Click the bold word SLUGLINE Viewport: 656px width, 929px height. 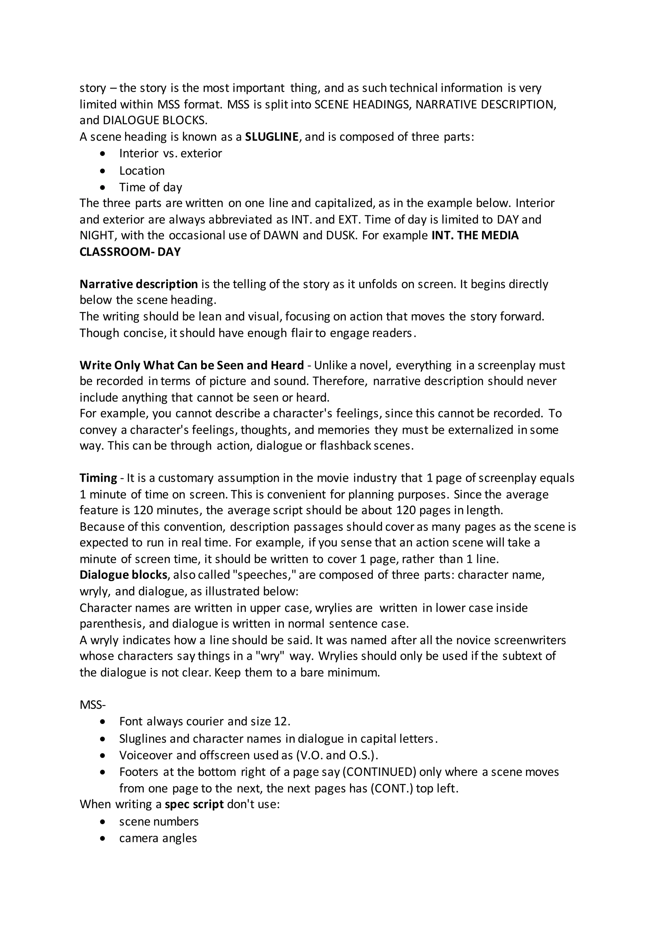(272, 137)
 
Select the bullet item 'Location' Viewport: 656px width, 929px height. (142, 171)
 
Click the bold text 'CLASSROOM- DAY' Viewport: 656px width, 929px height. (130, 252)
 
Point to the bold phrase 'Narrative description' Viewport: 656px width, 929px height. (138, 284)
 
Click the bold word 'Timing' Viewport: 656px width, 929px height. (98, 478)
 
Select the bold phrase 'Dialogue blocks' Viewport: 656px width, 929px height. (123, 575)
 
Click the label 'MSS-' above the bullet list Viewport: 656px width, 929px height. (92, 705)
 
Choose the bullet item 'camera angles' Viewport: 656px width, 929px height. (158, 838)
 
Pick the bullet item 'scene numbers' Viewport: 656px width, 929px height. (159, 821)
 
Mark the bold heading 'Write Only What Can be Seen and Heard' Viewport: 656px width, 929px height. (192, 366)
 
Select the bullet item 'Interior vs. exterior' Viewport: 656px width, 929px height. (170, 153)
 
